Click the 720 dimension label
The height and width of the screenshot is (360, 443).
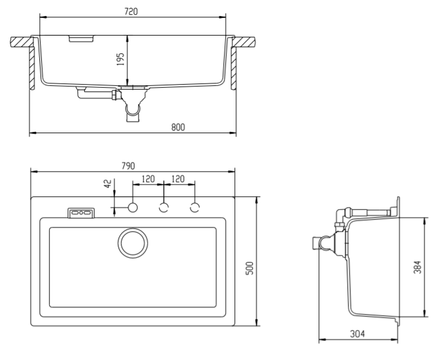point(131,11)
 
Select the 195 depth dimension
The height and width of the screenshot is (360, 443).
point(121,59)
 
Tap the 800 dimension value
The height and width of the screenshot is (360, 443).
point(178,127)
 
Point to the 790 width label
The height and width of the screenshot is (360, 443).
point(128,166)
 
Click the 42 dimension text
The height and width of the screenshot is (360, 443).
point(108,185)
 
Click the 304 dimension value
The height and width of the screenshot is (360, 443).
point(358,334)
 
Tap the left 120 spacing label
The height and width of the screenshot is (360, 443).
point(148,178)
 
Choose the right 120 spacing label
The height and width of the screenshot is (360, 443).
point(179,178)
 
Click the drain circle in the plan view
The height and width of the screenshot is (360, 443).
point(132,243)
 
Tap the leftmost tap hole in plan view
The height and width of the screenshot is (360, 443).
point(133,207)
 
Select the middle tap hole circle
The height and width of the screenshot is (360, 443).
point(164,207)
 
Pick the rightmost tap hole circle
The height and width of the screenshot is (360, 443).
point(195,207)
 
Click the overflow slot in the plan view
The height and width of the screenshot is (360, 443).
point(81,212)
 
